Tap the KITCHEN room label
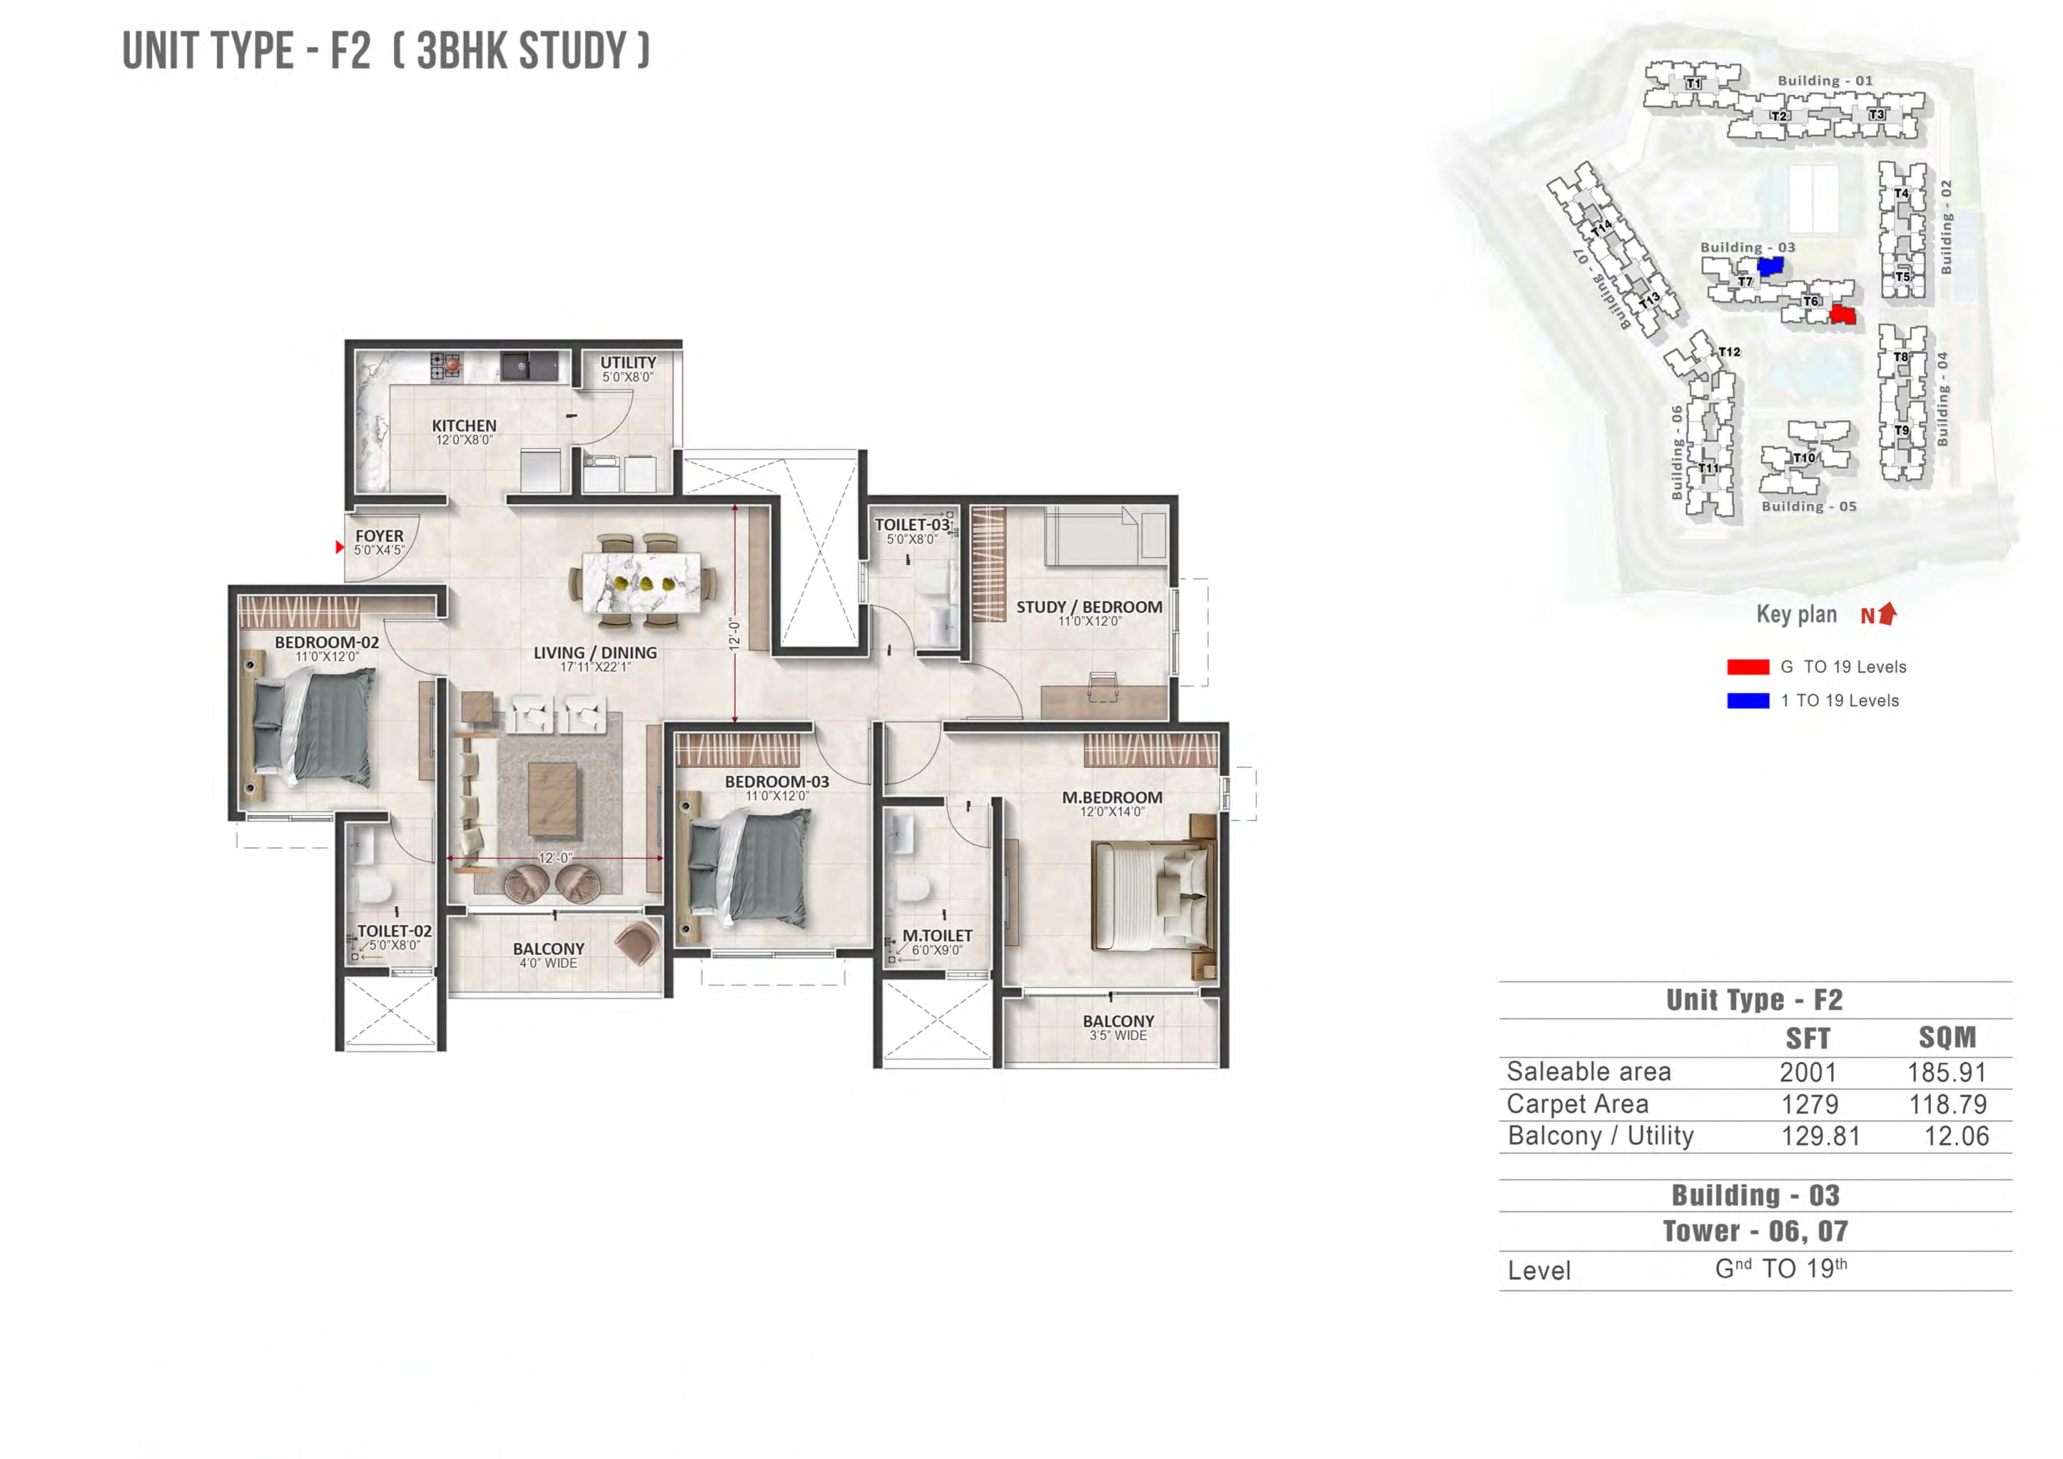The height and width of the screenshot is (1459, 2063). tap(464, 426)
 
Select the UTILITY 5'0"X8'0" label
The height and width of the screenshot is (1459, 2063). tap(628, 369)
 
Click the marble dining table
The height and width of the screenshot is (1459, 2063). tap(642, 581)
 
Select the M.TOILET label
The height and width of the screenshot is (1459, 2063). tap(936, 936)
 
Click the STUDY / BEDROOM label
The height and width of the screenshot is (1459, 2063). tap(1089, 608)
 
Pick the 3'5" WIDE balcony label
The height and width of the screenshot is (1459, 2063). tap(1118, 1035)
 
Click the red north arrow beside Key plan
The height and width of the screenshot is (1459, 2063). tap(1888, 613)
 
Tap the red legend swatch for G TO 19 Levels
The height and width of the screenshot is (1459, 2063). tap(1748, 667)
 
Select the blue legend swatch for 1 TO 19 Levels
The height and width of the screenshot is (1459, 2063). tap(1748, 701)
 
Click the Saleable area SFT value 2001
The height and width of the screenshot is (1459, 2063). tap(1808, 1072)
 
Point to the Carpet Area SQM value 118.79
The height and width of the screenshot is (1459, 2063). tap(1947, 1105)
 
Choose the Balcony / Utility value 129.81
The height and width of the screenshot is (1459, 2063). tap(1820, 1137)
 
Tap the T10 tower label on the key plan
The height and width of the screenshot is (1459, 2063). tap(1803, 458)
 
